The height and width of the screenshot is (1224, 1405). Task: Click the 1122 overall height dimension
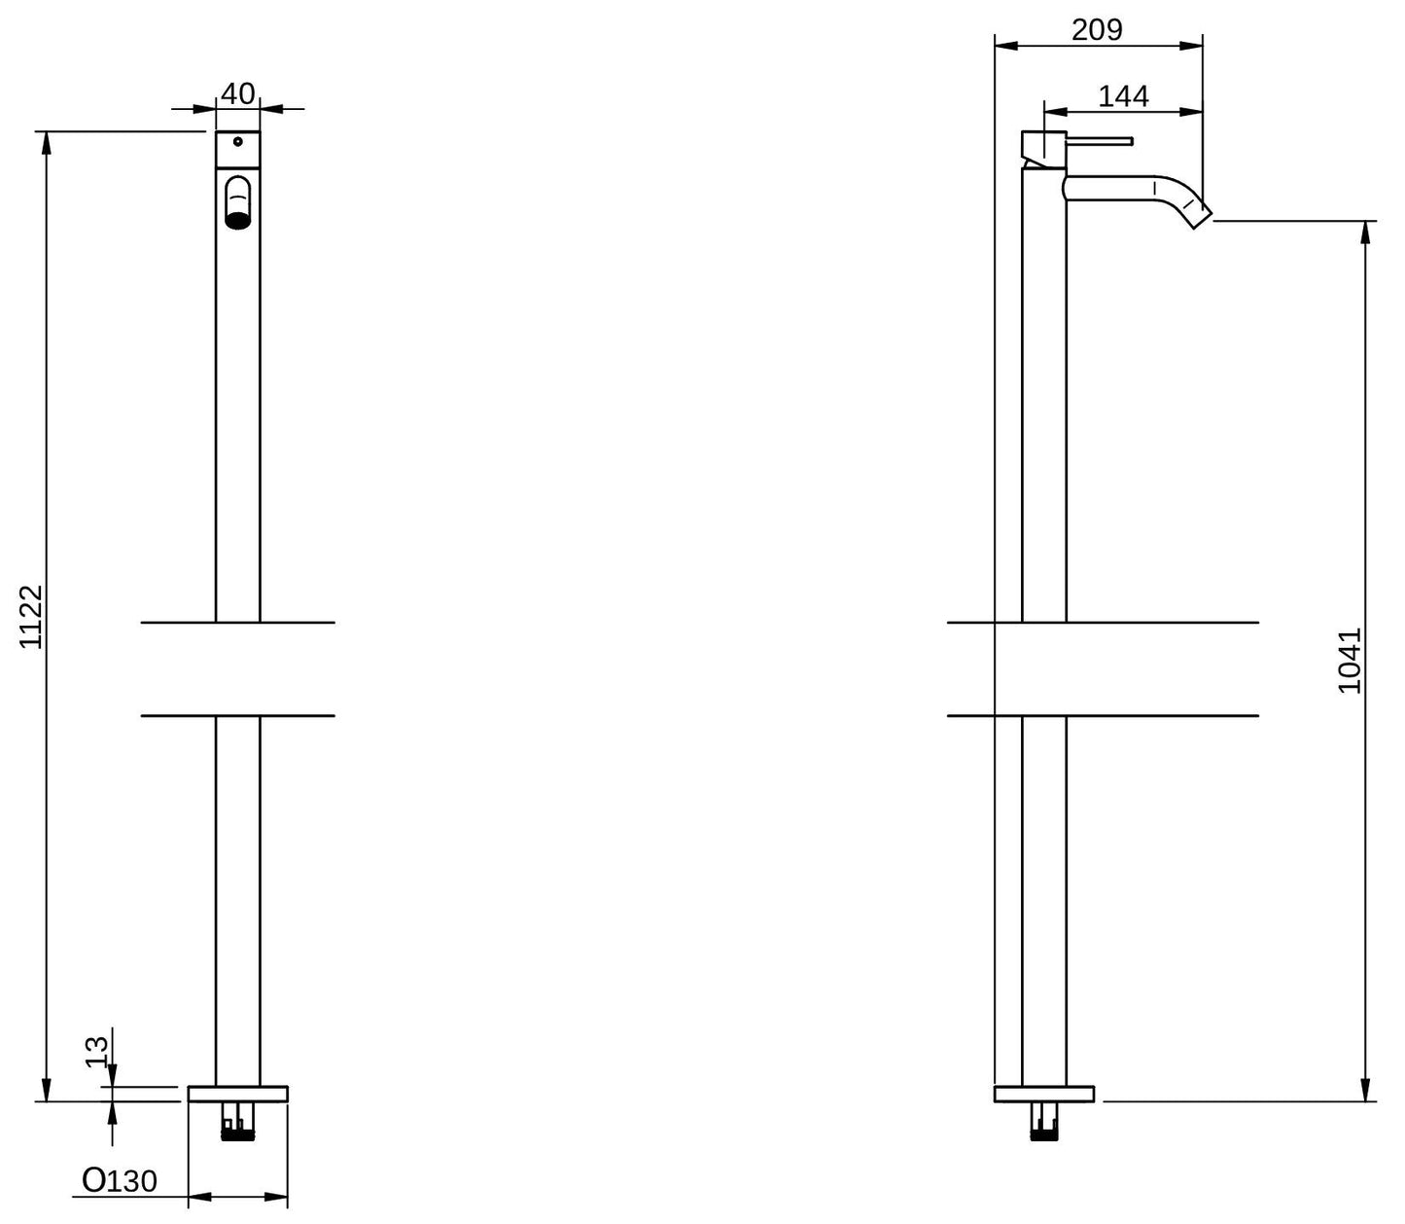click(x=32, y=616)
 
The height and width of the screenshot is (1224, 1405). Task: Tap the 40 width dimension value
click(x=237, y=94)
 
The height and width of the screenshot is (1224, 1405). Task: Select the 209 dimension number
click(x=1097, y=30)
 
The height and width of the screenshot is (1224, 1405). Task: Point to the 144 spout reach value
click(x=1123, y=96)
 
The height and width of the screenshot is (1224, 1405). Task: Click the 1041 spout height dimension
click(x=1350, y=661)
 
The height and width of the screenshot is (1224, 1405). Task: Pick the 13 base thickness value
click(x=96, y=1052)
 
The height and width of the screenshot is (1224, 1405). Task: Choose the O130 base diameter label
click(x=120, y=1181)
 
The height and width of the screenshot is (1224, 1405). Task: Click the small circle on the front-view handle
click(x=237, y=142)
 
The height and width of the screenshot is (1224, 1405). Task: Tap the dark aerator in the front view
click(x=238, y=220)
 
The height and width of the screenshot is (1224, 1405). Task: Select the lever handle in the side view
click(x=1101, y=141)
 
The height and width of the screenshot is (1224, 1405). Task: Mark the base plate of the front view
click(x=238, y=1094)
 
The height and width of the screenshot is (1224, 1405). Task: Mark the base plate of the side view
click(x=1043, y=1094)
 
